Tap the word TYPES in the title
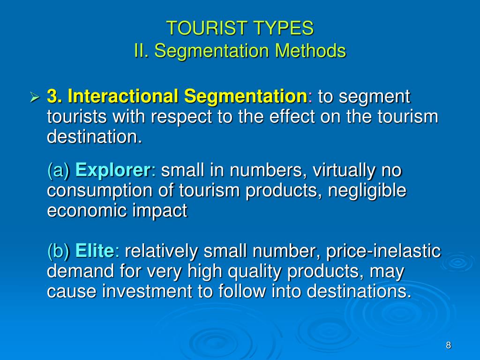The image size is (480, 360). (284, 29)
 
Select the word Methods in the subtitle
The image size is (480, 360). (310, 51)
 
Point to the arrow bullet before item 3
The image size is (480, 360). (34, 97)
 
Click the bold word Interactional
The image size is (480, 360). (123, 97)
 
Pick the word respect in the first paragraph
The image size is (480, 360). (183, 117)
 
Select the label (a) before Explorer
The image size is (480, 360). (59, 171)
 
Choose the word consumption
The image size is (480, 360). (93, 191)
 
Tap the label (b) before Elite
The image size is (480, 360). (59, 251)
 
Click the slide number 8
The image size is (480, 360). (448, 345)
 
